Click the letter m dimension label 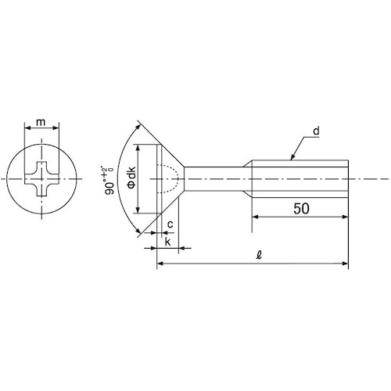coord(41,122)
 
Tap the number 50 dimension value coord(301,209)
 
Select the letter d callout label coord(316,131)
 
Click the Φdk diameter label coord(131,178)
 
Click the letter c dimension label coord(170,224)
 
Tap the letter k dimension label coord(167,242)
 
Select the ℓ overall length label coord(259,254)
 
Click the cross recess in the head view coord(41,179)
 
